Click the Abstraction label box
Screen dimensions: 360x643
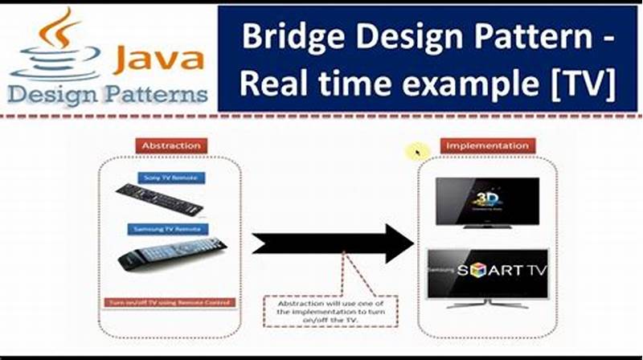click(170, 145)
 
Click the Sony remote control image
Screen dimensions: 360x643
click(158, 200)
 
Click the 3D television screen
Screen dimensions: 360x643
click(487, 201)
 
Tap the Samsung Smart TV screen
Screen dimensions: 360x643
click(488, 272)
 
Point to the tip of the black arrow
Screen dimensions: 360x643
click(412, 244)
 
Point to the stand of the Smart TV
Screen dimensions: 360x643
click(488, 304)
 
